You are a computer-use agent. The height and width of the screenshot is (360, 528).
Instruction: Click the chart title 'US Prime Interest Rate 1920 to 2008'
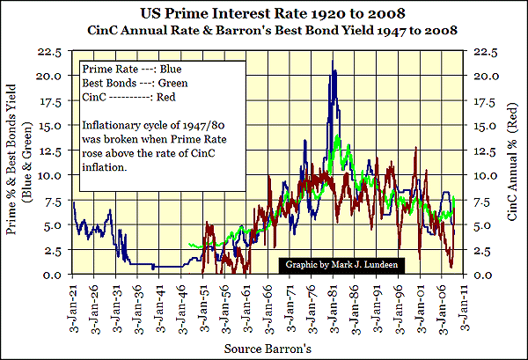(264, 14)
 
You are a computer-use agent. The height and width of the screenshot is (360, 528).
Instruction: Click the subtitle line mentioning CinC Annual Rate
(264, 30)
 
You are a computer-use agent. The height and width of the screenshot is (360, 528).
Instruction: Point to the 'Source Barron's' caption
(265, 348)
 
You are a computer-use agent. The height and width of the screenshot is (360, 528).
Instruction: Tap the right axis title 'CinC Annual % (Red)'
(510, 163)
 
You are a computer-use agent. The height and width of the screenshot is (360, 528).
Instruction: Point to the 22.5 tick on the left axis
(48, 55)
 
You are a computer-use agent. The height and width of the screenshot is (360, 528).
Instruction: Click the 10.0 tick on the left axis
(48, 175)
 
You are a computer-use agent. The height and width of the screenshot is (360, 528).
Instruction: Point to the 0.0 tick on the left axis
(52, 275)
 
